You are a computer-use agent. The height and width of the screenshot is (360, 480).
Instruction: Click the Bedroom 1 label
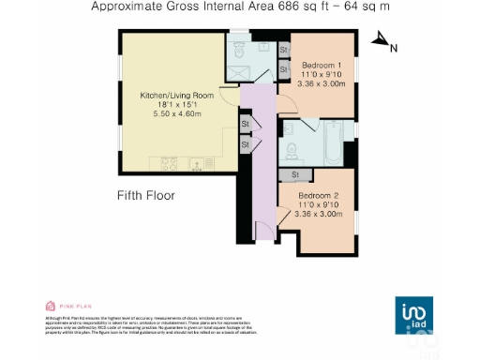coord(322,65)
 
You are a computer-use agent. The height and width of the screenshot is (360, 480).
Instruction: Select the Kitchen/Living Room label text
coord(178,96)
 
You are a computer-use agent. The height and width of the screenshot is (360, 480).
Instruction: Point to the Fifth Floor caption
coord(146,196)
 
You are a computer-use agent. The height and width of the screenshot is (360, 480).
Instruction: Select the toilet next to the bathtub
coord(293,150)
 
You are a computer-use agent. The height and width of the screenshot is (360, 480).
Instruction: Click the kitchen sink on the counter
coord(198,165)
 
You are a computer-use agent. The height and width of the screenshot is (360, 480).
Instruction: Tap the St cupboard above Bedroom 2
coord(295,174)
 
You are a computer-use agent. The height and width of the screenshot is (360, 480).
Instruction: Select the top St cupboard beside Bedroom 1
coord(283,49)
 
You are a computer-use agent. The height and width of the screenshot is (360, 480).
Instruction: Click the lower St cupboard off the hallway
coord(245,144)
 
